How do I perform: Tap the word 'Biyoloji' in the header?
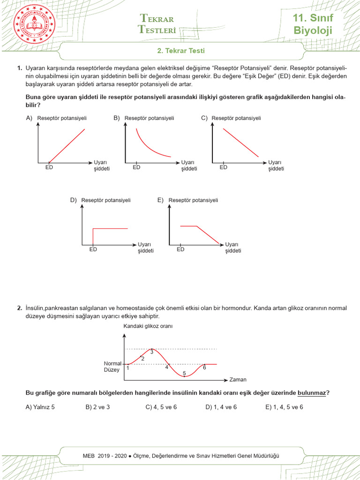313,31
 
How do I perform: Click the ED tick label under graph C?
224,167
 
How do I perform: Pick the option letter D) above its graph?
73,200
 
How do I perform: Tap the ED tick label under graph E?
180,249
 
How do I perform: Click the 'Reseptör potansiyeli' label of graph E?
193,200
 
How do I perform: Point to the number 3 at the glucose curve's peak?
152,352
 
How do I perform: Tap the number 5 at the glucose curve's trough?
184,373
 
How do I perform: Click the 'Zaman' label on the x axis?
238,379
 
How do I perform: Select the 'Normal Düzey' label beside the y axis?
112,367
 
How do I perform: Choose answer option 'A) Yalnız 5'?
40,407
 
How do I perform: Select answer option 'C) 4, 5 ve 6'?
161,407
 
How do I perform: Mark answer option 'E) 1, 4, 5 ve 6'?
284,407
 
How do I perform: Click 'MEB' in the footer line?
88,456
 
